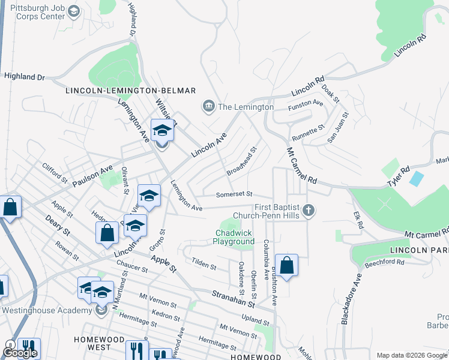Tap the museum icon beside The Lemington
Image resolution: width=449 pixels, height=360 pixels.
[208, 107]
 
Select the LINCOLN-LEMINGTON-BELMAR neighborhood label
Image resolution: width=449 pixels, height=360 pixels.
[130, 91]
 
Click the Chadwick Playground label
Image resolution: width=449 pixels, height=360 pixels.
[234, 237]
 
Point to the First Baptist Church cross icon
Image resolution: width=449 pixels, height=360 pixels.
[309, 210]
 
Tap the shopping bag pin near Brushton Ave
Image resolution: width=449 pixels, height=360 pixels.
[287, 265]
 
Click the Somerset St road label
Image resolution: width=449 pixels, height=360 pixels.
[234, 194]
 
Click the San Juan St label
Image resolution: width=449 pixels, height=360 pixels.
[337, 127]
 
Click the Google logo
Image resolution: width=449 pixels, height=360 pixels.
[20, 353]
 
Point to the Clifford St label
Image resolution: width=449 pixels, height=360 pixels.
[55, 172]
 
